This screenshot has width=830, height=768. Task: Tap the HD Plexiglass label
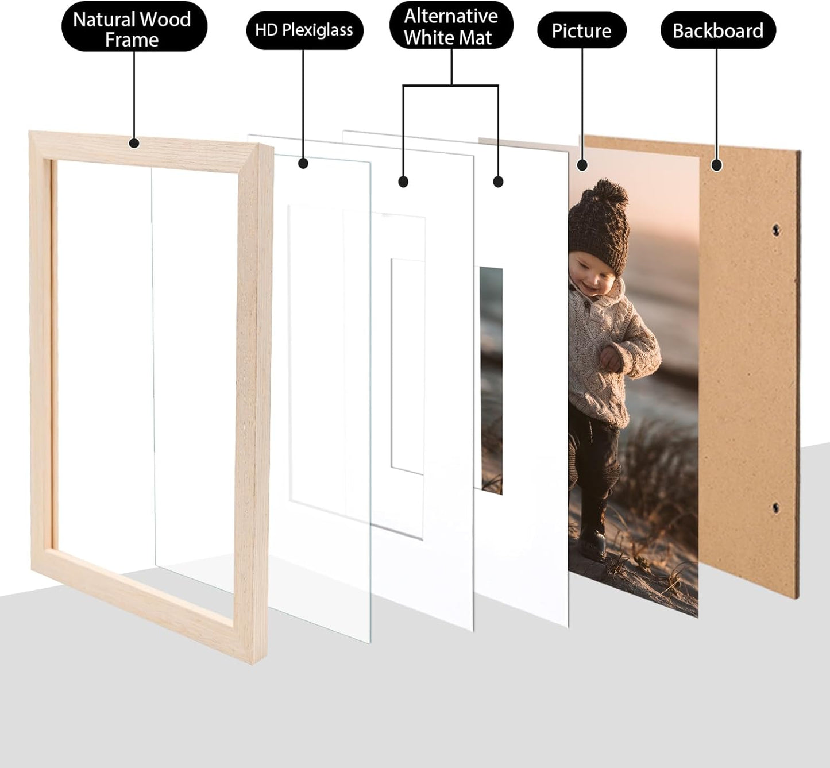click(304, 30)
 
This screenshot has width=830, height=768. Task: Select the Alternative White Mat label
click(451, 27)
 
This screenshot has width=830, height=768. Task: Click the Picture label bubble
click(581, 30)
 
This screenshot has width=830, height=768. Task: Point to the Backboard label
click(717, 30)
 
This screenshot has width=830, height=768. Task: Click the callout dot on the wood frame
click(134, 143)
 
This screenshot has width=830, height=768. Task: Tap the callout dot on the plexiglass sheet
click(303, 164)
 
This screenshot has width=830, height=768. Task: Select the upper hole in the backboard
click(776, 230)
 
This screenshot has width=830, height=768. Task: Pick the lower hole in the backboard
click(776, 508)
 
